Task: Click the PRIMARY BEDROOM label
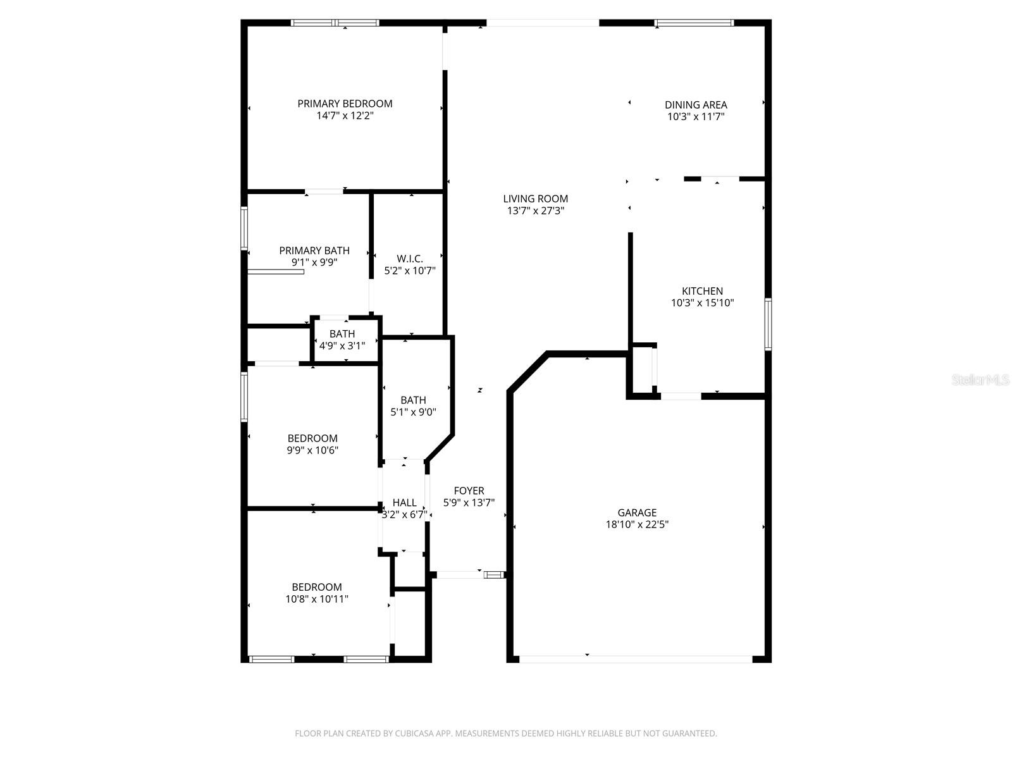[x=345, y=104]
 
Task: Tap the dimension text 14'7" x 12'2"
[x=345, y=116]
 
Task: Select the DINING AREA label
[x=696, y=105]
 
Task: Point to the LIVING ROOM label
[x=536, y=199]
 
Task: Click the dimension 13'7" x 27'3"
[x=536, y=211]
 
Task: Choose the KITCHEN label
[x=702, y=291]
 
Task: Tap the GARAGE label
[x=637, y=512]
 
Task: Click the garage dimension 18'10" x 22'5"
[x=637, y=524]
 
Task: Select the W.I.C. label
[x=410, y=259]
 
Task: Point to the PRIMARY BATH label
[x=314, y=250]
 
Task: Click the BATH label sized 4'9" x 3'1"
[x=342, y=334]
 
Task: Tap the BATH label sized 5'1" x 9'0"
[x=413, y=400]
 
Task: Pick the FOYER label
[x=469, y=491]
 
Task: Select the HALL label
[x=404, y=503]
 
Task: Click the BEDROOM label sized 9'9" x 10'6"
[x=312, y=438]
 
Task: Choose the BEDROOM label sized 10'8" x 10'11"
[x=317, y=587]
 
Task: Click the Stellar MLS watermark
[x=981, y=379]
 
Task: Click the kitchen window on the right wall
[x=768, y=324]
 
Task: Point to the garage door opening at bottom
[x=636, y=659]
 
